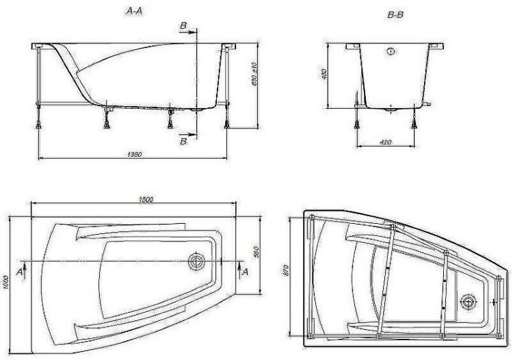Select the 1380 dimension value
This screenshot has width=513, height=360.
(x=134, y=153)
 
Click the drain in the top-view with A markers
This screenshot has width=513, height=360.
(x=197, y=261)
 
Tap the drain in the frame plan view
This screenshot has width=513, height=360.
(x=470, y=300)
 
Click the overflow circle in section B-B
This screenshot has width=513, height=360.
(x=391, y=51)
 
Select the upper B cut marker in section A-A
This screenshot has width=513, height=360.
(x=183, y=26)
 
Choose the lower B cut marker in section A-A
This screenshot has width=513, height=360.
(x=183, y=141)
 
